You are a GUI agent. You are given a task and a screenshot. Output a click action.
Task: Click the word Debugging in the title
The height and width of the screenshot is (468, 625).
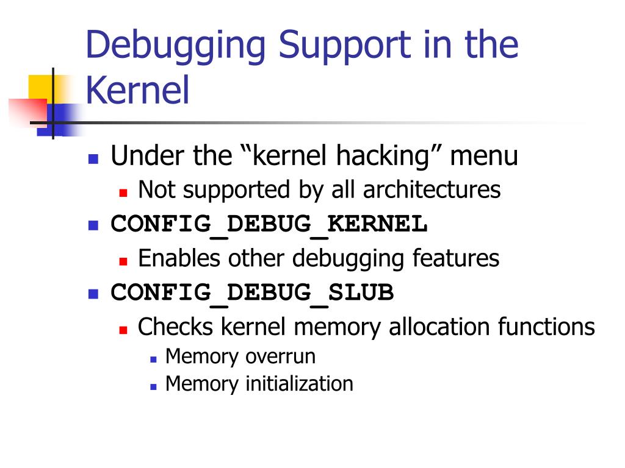[x=177, y=46]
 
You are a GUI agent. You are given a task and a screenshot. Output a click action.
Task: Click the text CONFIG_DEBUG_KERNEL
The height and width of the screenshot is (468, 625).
[x=269, y=224]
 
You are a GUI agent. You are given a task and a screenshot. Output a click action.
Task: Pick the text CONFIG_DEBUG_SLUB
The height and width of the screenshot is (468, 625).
[x=252, y=293]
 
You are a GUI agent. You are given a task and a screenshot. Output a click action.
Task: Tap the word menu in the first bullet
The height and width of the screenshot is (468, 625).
[x=484, y=157]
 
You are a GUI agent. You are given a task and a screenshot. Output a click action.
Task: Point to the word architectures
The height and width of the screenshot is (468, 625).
[x=432, y=190]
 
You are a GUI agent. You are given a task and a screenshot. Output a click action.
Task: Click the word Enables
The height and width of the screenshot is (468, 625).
[x=180, y=258]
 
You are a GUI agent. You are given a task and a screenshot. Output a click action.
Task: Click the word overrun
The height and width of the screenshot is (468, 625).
[x=280, y=356]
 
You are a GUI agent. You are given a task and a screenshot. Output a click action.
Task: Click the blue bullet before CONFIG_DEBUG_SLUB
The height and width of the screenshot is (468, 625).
[x=93, y=294]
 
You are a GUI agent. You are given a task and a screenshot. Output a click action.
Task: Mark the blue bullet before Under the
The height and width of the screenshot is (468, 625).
[x=93, y=159]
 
